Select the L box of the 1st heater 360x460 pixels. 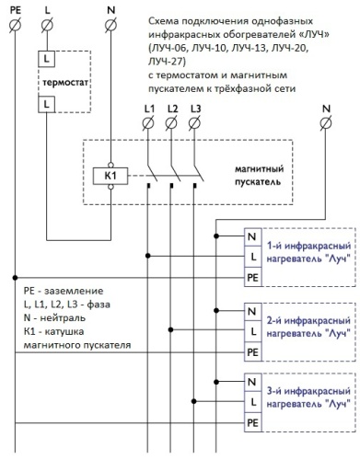click(252, 255)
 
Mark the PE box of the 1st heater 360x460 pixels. click(252, 275)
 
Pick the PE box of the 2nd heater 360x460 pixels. click(252, 350)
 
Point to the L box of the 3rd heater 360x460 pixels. click(252, 402)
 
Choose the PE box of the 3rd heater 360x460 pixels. click(252, 422)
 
